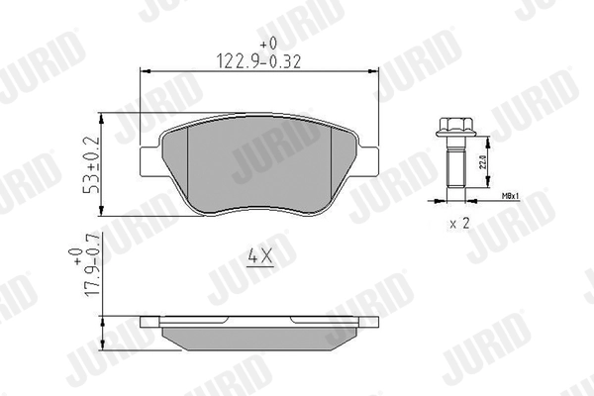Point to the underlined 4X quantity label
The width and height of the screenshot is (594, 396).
[x=259, y=255]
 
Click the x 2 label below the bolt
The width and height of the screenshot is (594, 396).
[x=458, y=224]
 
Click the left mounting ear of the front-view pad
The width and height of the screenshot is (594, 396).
[x=150, y=159]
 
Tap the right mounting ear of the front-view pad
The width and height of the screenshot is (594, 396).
[x=368, y=159]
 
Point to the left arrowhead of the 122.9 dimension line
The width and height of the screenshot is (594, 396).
[x=146, y=70]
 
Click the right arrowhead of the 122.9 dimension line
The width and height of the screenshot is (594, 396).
[x=375, y=70]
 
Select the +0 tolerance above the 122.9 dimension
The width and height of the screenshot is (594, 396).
[x=266, y=44]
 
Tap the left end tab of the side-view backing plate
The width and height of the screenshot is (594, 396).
[x=148, y=322]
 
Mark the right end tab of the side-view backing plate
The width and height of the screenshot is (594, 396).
[x=370, y=322]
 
